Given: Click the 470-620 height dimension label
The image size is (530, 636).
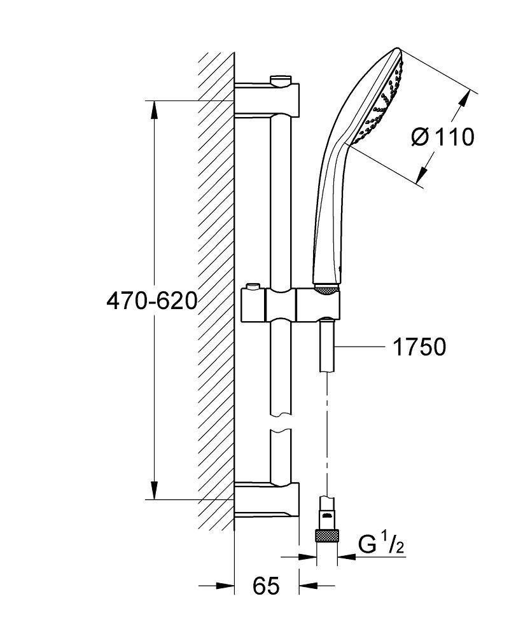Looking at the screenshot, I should (x=151, y=300).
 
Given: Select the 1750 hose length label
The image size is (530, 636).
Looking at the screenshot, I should (x=419, y=347).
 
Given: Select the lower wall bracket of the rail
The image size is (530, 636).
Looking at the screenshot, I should (x=267, y=500).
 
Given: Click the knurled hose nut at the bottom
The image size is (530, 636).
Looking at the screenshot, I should (x=327, y=535).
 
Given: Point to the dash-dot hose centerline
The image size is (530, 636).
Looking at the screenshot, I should (x=327, y=432).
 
